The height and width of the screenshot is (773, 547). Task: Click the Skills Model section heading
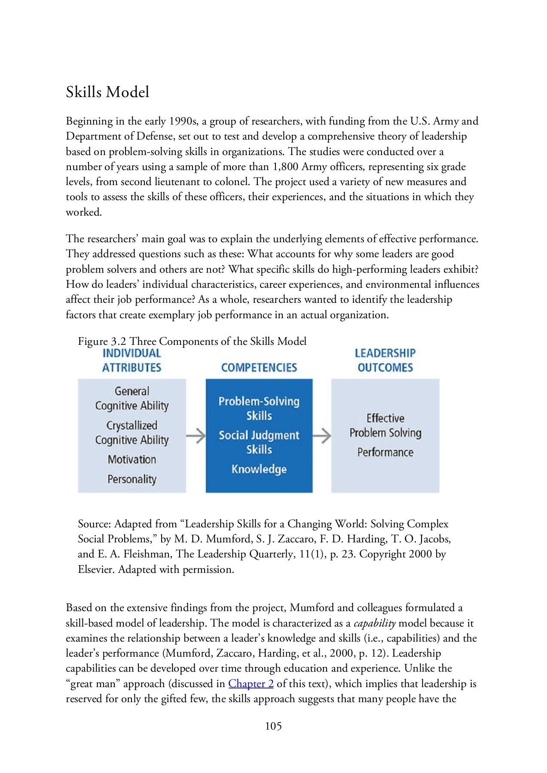coord(107,92)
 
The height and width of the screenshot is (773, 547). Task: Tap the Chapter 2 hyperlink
coord(251,683)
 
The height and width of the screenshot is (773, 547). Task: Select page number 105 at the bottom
coord(273,726)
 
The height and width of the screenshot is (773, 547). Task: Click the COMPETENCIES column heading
coord(259,368)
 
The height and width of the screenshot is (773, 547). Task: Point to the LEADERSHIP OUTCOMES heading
coord(385,360)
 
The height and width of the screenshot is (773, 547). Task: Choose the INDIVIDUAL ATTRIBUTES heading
coord(131,360)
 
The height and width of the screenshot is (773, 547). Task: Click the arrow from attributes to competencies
coord(196,435)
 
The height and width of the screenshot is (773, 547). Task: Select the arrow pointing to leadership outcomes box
coord(322,435)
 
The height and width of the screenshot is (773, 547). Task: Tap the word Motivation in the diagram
coord(132,460)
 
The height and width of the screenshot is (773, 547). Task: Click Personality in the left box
coord(132,479)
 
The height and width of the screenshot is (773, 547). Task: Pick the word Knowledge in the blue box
coord(259,469)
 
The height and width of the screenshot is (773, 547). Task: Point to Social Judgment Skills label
coord(259,442)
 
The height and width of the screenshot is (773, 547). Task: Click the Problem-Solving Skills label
coord(259,408)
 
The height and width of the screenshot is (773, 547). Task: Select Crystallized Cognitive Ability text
coord(132,432)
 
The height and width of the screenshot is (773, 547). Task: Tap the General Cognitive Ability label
coord(132,399)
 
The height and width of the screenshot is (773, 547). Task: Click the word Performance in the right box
coord(385,452)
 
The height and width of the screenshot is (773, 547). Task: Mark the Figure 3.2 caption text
coord(192,341)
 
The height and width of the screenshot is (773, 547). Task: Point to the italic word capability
coord(374,623)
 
